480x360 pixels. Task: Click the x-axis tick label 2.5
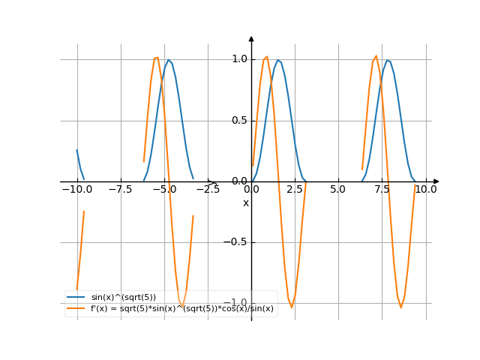point(295,190)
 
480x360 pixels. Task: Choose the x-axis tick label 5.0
point(338,190)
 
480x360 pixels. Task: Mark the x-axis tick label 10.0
point(426,190)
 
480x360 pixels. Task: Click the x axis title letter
point(245,203)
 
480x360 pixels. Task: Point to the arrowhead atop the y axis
point(251,38)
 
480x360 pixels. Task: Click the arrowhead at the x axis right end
point(436,181)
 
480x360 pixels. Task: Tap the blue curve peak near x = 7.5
point(388,61)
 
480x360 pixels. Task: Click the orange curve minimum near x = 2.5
point(292,307)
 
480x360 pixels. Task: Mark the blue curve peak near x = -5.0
point(169,61)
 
